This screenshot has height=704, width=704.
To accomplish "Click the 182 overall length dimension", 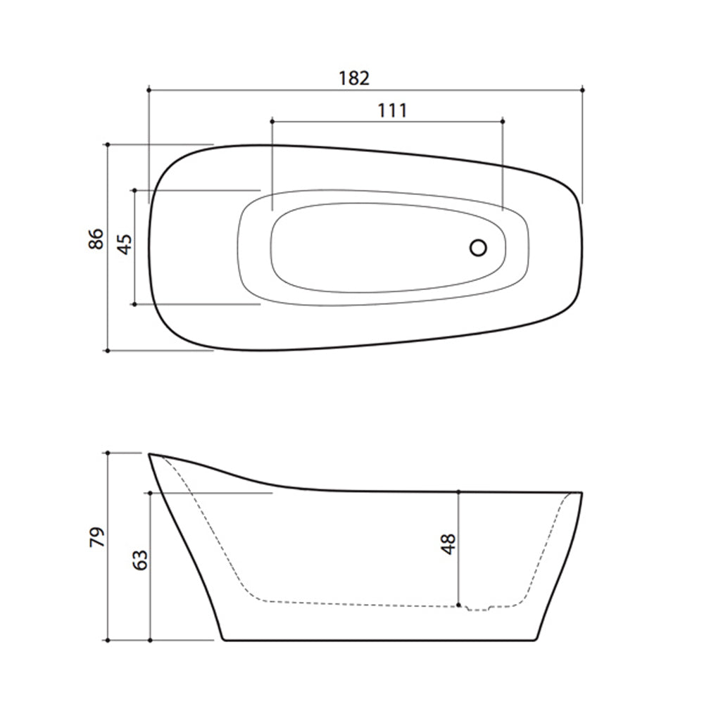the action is [354, 78].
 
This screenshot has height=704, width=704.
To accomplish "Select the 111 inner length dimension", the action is [392, 111].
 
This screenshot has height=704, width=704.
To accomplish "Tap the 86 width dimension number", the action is [96, 239].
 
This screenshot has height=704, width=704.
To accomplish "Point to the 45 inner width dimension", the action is [125, 244].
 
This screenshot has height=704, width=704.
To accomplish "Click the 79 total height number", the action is [97, 537].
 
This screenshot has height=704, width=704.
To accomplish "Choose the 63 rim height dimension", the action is [140, 560].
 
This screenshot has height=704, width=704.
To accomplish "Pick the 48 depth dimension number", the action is [448, 544].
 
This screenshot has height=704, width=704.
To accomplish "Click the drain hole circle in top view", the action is [478, 248].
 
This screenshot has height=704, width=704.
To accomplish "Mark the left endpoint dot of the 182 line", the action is [149, 90].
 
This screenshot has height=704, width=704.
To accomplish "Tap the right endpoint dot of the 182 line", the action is [582, 90].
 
